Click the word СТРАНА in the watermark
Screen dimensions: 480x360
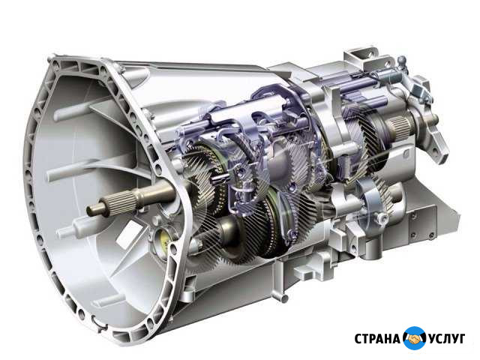[x=376, y=339]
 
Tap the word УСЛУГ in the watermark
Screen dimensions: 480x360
[x=447, y=339]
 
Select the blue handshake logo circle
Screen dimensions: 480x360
[x=415, y=338]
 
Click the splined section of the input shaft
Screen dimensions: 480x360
[x=121, y=200]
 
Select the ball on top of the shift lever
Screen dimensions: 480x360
[x=401, y=60]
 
